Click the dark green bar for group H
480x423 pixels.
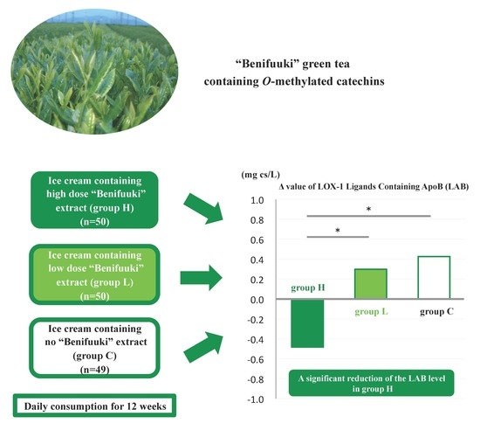[307, 323]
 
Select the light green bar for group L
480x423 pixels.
[370, 283]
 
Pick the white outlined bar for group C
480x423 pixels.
[434, 277]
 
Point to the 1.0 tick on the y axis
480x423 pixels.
[257, 200]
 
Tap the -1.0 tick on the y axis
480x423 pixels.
[256, 399]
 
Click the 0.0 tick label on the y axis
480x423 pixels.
[257, 300]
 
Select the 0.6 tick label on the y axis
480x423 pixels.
[257, 240]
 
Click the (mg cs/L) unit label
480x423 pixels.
[261, 175]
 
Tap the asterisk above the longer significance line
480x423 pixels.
[368, 210]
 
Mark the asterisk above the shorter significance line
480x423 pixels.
[338, 231]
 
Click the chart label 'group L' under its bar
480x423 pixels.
[371, 312]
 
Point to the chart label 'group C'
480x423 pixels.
[436, 312]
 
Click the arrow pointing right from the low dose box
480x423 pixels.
[201, 278]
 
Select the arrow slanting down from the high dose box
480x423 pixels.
[203, 209]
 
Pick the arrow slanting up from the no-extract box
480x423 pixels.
[203, 347]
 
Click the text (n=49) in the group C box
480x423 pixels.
[94, 370]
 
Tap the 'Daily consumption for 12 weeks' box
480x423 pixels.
[94, 406]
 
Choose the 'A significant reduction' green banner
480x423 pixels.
[371, 383]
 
